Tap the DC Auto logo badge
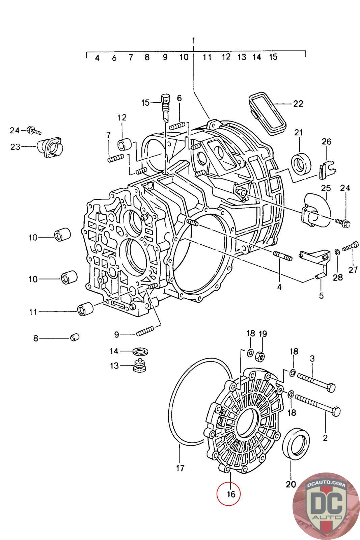(326, 506)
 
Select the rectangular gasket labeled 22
(267, 114)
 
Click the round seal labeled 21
(301, 163)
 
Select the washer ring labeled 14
(140, 351)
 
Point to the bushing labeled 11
(85, 308)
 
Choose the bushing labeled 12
(124, 144)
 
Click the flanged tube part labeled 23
(50, 147)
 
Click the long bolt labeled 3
(316, 382)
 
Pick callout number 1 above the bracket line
(193, 40)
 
